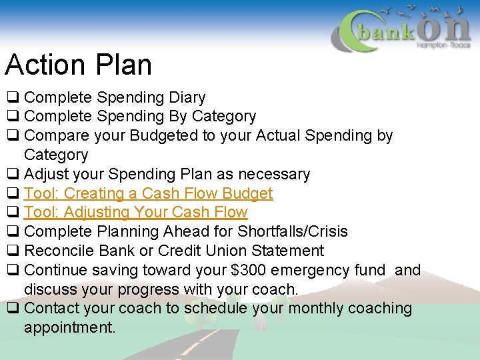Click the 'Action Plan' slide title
(79, 65)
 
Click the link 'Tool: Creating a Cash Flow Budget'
(148, 193)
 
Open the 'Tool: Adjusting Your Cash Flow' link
(135, 213)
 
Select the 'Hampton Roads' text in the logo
(443, 45)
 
